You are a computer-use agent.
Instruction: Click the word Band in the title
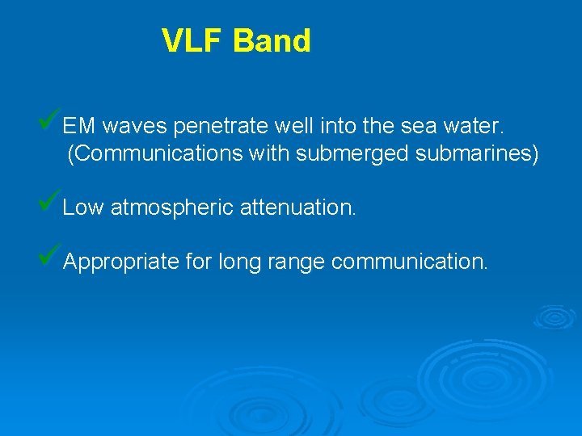tap(272, 40)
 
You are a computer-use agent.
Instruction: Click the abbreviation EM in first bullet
tap(79, 126)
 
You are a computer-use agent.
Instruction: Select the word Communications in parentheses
tap(154, 153)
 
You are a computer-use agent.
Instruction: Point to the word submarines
tap(477, 153)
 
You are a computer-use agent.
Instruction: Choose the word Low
tap(83, 208)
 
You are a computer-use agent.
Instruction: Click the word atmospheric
tap(172, 208)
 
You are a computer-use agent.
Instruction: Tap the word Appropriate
tap(120, 262)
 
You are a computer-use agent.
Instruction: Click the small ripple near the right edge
tap(555, 317)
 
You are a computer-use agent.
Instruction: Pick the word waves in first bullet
tap(134, 126)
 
